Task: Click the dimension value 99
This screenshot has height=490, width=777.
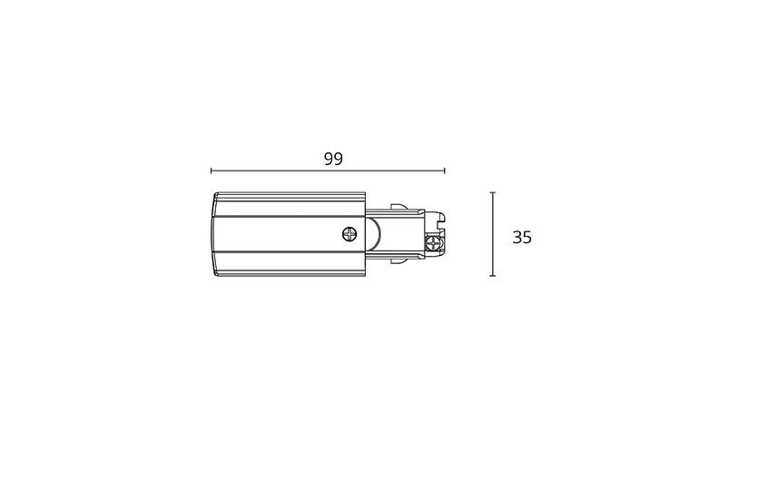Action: click(333, 159)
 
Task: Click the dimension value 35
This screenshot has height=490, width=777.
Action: click(522, 238)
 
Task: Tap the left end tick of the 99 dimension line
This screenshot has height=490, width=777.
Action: click(211, 171)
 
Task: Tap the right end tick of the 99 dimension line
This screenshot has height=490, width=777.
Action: click(445, 171)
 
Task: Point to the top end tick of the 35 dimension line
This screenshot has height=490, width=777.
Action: click(493, 192)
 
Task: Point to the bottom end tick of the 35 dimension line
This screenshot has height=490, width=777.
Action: click(493, 276)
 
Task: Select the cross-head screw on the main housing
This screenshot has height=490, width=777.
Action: click(349, 234)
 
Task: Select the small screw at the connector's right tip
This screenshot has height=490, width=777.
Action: click(434, 243)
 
